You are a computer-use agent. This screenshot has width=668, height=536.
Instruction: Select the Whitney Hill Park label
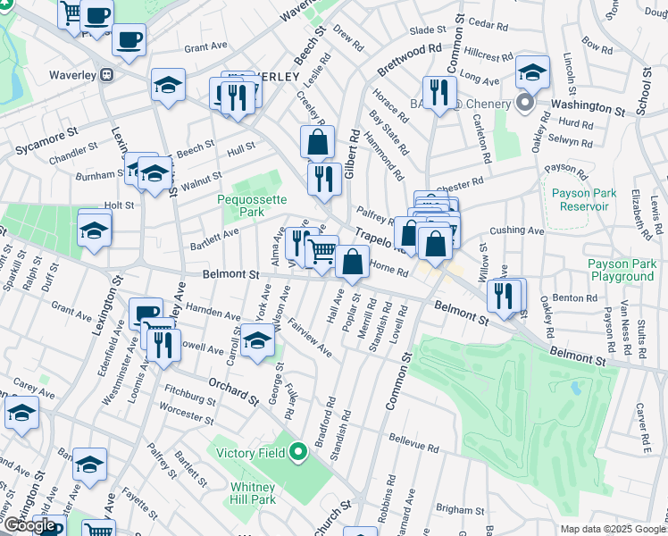tap(253, 493)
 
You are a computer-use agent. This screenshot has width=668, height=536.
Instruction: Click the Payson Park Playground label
tap(622, 270)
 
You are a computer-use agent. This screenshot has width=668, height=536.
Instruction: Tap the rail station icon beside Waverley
tap(107, 74)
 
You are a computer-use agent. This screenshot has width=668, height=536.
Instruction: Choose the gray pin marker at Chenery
tap(525, 104)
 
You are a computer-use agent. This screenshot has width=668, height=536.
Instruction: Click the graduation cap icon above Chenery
tap(532, 72)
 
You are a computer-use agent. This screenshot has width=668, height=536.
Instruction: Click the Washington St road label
tap(587, 106)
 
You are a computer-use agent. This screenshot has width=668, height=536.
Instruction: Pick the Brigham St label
tap(460, 509)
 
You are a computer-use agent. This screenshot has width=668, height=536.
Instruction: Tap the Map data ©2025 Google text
tap(613, 529)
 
